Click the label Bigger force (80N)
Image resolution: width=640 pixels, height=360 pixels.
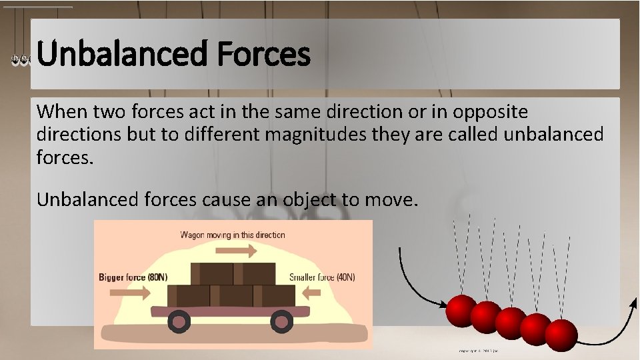pyautogui.click(x=133, y=277)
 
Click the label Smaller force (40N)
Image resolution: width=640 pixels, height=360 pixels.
pyautogui.click(x=327, y=277)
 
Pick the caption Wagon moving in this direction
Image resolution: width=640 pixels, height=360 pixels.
pyautogui.click(x=233, y=235)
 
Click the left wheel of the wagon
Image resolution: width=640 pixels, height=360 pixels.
pyautogui.click(x=178, y=323)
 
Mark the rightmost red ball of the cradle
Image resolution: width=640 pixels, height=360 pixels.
pyautogui.click(x=561, y=334)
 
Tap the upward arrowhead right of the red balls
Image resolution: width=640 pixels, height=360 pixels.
pyautogui.click(x=633, y=305)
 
